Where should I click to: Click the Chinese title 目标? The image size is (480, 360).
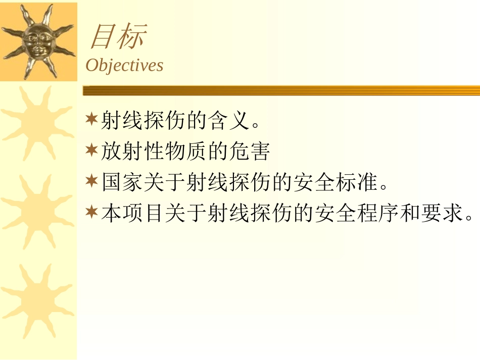pyautogui.click(x=118, y=37)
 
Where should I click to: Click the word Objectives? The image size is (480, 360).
pyautogui.click(x=124, y=65)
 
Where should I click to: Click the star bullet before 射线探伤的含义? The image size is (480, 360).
pyautogui.click(x=91, y=120)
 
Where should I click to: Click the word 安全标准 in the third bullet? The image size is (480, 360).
pyautogui.click(x=335, y=182)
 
